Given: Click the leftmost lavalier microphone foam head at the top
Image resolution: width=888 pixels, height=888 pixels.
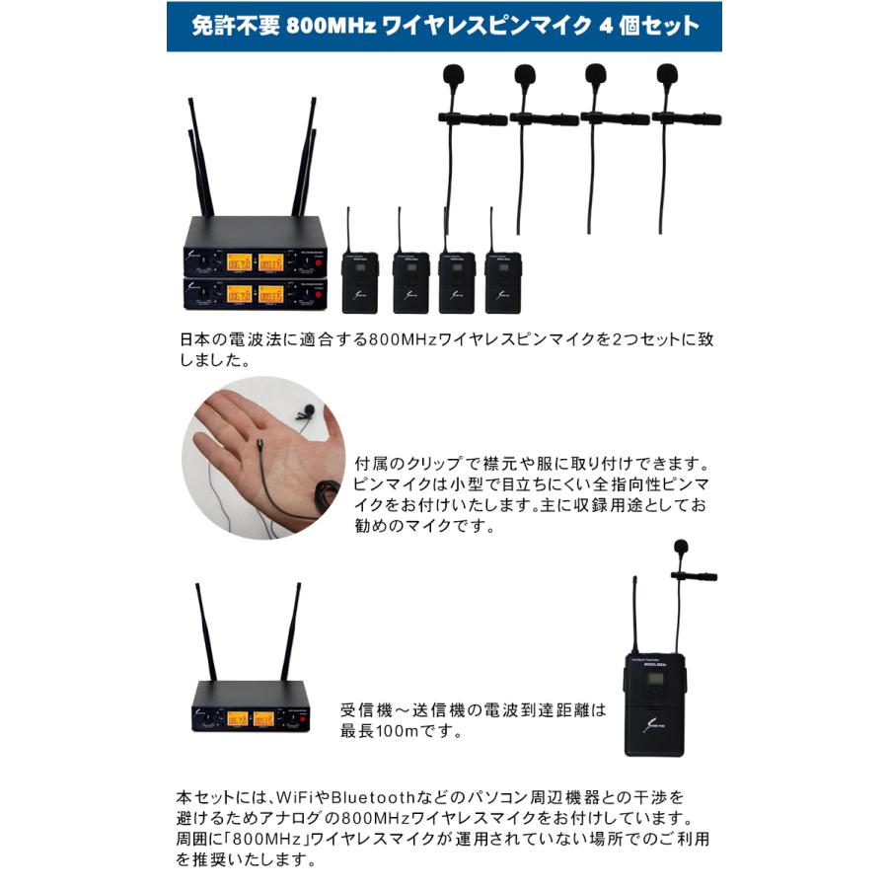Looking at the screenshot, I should (452, 74).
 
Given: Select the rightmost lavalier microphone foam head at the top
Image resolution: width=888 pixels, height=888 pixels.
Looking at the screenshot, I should (667, 74).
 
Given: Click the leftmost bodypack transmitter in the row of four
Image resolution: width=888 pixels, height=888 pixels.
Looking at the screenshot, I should (358, 281).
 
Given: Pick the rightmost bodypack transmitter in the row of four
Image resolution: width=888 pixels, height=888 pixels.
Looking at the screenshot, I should (502, 281).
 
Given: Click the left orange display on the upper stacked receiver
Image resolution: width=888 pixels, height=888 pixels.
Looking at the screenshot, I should (240, 261).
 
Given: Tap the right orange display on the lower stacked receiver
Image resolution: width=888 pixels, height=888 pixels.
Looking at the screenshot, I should (270, 294).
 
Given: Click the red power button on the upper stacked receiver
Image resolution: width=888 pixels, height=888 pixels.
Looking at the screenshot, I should (319, 262).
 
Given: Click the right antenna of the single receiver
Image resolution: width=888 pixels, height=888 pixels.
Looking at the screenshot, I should (292, 631).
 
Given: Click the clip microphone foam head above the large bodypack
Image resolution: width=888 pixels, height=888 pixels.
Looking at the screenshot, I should (681, 547).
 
